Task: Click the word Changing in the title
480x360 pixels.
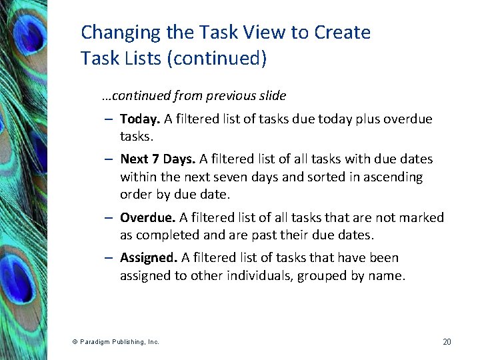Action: pyautogui.click(x=111, y=33)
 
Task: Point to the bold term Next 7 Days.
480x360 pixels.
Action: pyautogui.click(x=158, y=159)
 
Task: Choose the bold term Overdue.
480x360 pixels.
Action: pyautogui.click(x=147, y=218)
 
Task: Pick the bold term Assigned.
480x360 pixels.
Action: pyautogui.click(x=149, y=258)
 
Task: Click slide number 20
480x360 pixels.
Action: pyautogui.click(x=447, y=342)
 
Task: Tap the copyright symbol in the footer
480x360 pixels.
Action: pyautogui.click(x=75, y=342)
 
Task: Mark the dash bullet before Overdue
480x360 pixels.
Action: pyautogui.click(x=108, y=218)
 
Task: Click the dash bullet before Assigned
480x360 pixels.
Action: pyautogui.click(x=108, y=258)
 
